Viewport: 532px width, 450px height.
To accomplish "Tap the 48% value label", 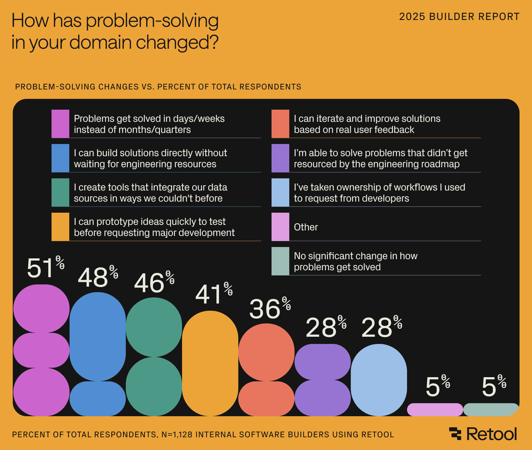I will point(98,277).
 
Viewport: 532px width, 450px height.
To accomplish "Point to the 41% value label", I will point(214,294).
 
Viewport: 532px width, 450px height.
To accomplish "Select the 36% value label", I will point(270,308).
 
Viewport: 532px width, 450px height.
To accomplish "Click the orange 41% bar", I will point(210,363).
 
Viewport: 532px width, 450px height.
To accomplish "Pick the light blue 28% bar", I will point(379,379).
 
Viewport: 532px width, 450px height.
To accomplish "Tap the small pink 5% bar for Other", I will point(435,410).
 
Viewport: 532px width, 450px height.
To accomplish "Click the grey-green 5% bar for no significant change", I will point(490,410).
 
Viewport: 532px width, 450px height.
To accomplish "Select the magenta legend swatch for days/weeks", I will point(60,124).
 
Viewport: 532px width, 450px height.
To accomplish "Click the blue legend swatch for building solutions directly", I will point(60,158).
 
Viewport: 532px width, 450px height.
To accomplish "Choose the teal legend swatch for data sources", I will point(60,192).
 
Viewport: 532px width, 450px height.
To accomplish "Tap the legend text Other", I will point(306,227).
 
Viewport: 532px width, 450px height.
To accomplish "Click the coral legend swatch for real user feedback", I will point(280,124).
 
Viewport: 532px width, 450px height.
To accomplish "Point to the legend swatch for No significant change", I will point(280,261).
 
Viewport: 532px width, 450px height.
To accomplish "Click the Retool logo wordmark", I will point(491,434).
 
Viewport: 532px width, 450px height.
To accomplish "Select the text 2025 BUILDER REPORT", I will point(459,17).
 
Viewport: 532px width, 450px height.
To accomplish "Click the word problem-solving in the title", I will point(152,21).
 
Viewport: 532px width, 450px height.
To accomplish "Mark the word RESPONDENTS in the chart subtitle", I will point(270,87).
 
